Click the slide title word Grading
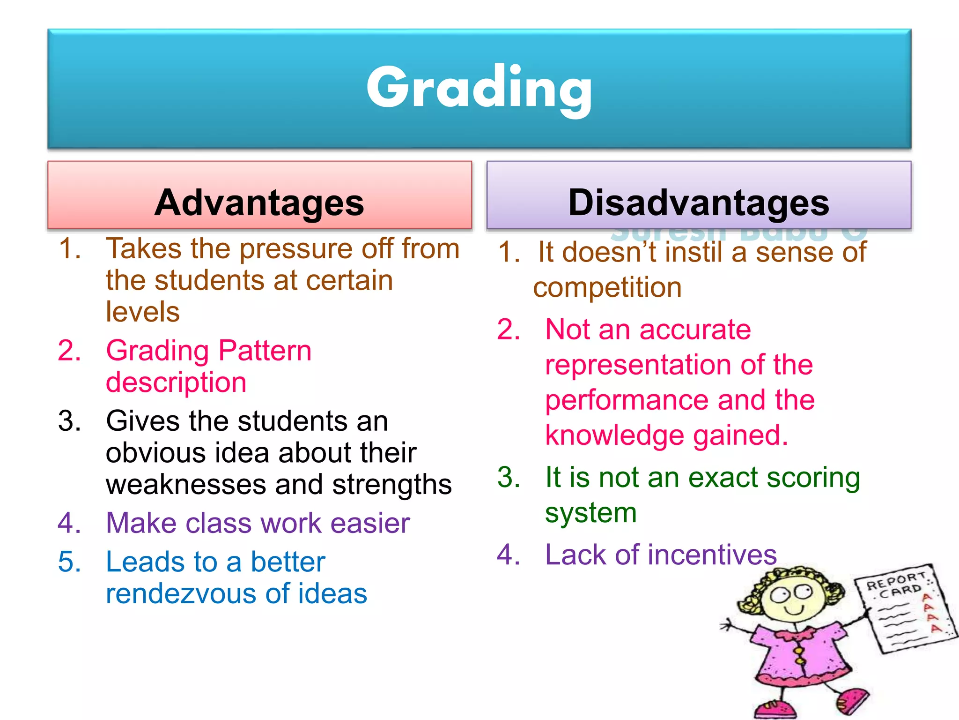(479, 88)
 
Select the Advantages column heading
(259, 202)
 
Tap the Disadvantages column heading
(699, 202)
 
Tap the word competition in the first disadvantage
(607, 287)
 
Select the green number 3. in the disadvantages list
(509, 478)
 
